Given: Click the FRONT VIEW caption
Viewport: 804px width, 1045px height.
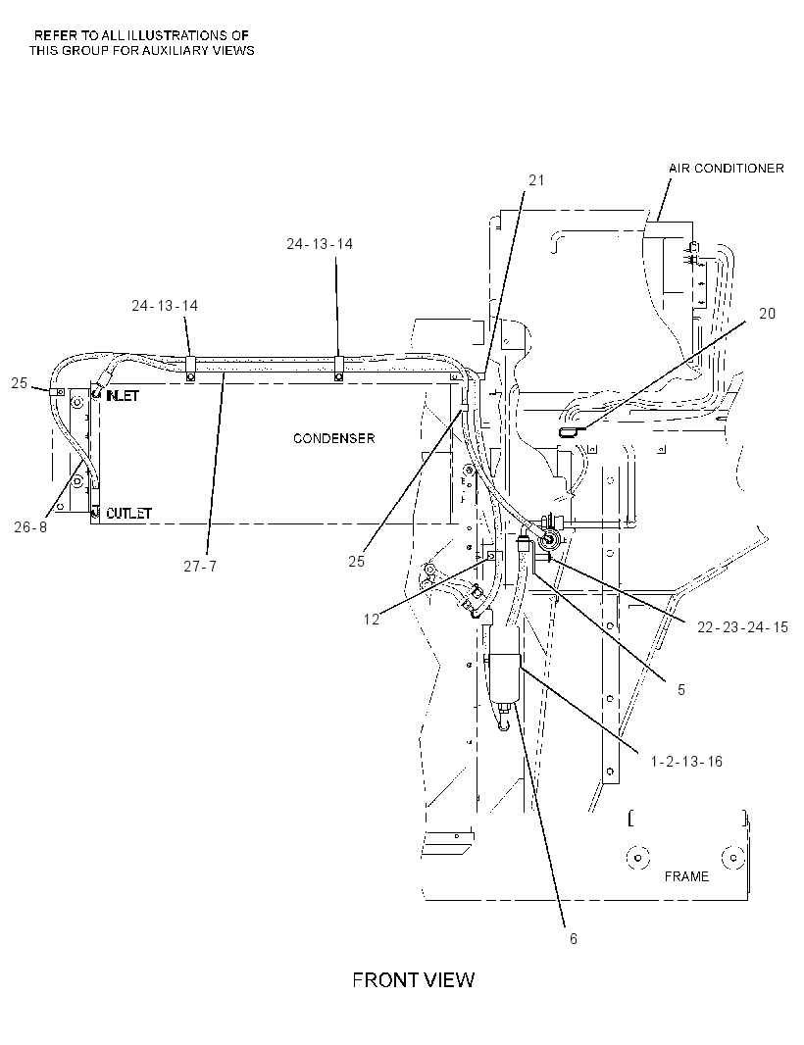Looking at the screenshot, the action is (x=414, y=979).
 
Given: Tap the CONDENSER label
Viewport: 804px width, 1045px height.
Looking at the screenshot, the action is (x=334, y=438).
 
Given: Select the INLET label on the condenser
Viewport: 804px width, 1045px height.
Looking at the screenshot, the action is (x=123, y=396).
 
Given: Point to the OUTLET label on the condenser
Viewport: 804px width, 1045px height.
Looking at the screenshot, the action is (x=128, y=513).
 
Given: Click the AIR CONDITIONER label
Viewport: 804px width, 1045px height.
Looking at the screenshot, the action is (x=726, y=168).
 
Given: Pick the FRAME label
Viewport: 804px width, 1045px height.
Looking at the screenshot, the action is (x=686, y=876).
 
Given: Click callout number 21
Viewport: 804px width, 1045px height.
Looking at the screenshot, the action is (x=536, y=180).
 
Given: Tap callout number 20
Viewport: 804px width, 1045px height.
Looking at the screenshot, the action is (x=768, y=314).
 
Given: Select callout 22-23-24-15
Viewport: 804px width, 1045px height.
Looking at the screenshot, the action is (x=742, y=627).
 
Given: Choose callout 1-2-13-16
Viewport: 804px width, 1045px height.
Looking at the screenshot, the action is (x=686, y=761).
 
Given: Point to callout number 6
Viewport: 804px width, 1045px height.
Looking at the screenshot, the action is (x=574, y=938).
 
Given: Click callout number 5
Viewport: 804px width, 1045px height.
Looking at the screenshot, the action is (x=681, y=689).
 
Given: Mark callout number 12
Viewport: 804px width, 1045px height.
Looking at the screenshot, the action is (x=372, y=620).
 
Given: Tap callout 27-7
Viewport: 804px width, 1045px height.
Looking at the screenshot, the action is (x=200, y=566).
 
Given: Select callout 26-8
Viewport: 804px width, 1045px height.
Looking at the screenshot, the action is (x=30, y=526).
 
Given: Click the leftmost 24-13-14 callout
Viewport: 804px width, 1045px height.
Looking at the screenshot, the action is (x=165, y=305).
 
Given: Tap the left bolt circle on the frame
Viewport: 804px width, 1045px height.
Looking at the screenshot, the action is (x=638, y=858).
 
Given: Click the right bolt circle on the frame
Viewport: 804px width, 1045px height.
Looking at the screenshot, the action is (x=733, y=858).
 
